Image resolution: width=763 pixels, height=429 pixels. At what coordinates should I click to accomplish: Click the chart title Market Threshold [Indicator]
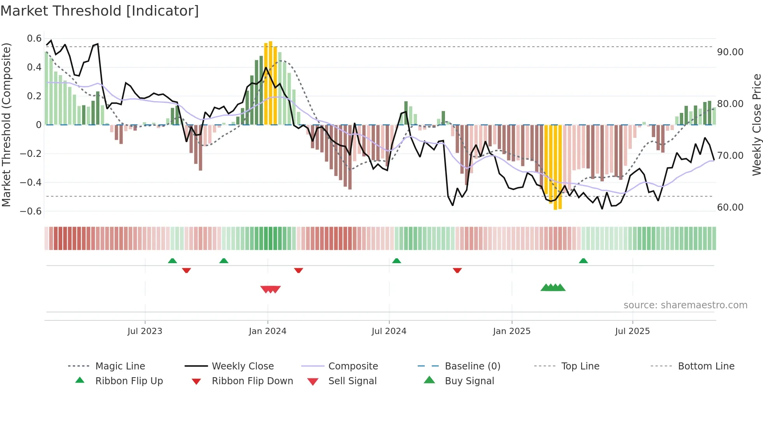[100, 11]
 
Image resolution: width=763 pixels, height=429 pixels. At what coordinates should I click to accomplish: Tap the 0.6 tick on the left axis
[34, 39]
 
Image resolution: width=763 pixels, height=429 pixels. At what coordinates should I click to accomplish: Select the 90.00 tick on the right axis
[730, 52]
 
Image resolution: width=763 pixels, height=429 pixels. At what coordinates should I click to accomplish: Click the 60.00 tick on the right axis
[730, 207]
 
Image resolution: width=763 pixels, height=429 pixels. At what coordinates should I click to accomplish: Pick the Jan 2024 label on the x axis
[267, 331]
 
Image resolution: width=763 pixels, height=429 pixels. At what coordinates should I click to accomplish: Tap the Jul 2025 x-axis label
[632, 331]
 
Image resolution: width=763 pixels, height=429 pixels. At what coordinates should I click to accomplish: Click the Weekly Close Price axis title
[756, 125]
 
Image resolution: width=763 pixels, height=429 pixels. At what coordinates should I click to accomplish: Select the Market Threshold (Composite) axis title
[6, 125]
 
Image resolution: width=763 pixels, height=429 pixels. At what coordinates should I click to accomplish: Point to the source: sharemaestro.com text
[685, 305]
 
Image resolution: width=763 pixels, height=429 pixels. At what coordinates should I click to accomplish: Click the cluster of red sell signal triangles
[271, 289]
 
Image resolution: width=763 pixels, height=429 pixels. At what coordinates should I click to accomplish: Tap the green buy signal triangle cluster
[553, 288]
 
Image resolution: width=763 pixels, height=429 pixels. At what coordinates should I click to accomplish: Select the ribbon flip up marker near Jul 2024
[396, 260]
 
